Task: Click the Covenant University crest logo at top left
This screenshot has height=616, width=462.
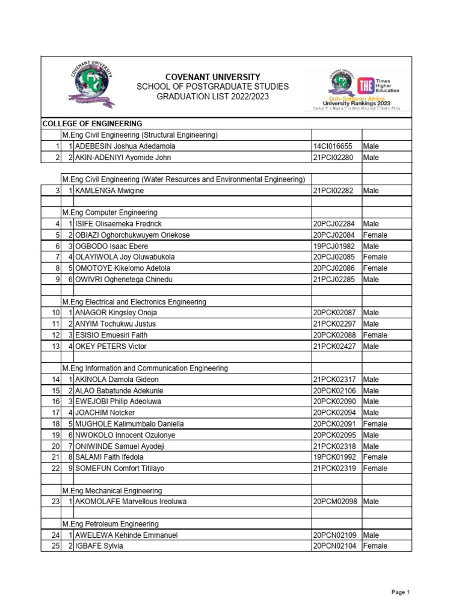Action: [93, 87]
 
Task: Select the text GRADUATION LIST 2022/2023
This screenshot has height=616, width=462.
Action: [213, 96]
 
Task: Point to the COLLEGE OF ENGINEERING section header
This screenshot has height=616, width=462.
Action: [92, 123]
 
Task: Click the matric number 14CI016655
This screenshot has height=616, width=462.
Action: [333, 146]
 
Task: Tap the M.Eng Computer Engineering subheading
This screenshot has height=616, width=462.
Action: [109, 213]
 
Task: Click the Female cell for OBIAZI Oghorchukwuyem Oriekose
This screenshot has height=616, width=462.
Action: [375, 235]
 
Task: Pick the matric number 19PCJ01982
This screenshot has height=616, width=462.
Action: [333, 246]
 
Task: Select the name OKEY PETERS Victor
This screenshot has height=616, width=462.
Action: [111, 346]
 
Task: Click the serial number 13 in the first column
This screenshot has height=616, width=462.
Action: [55, 346]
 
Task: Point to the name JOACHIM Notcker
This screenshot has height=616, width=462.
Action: [105, 413]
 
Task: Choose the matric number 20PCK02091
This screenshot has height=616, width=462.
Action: [334, 424]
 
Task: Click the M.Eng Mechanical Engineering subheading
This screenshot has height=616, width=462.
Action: [112, 491]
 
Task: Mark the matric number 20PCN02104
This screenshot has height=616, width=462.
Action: [334, 546]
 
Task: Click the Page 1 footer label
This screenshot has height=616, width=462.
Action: [400, 593]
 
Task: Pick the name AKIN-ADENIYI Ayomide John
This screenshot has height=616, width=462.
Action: [123, 158]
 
